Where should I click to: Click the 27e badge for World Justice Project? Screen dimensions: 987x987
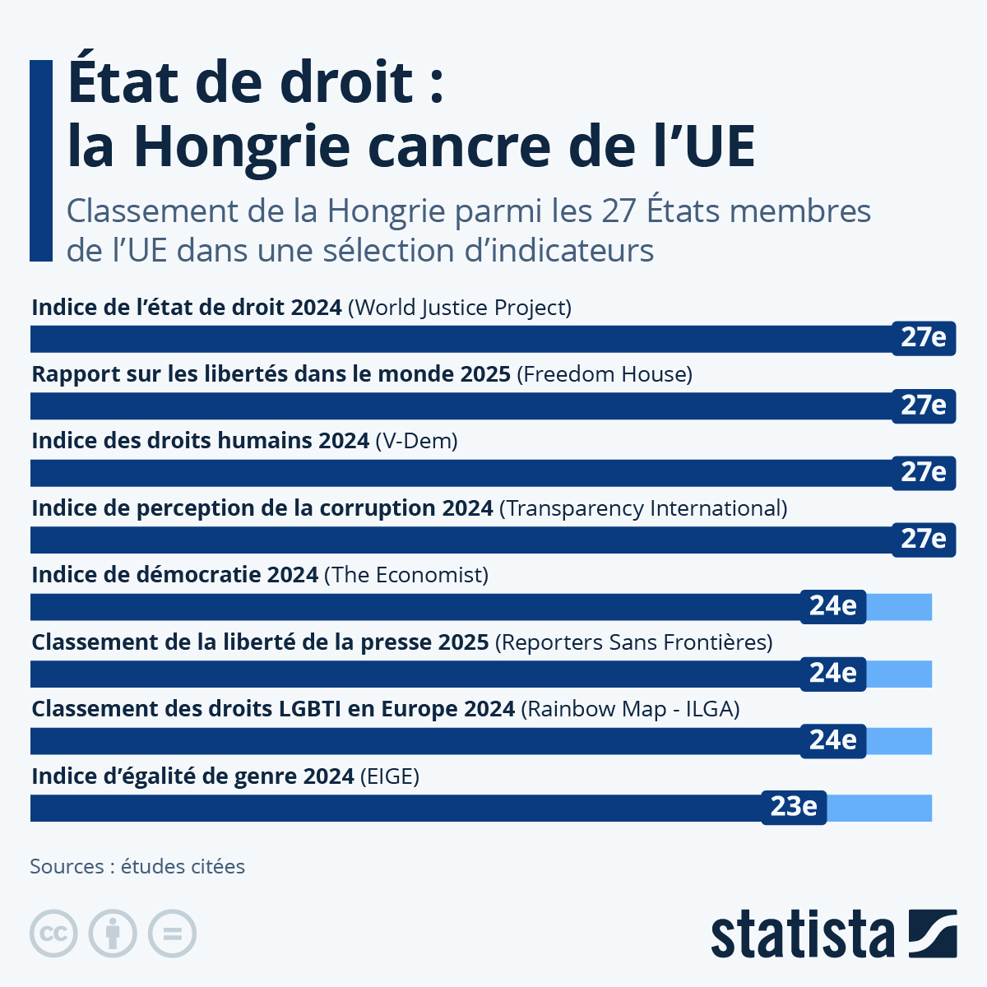pyautogui.click(x=924, y=338)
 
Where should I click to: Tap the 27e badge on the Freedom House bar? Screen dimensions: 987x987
pyautogui.click(x=924, y=405)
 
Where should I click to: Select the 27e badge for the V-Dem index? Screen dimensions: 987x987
pyautogui.click(x=924, y=472)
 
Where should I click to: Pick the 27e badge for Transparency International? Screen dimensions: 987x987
pyautogui.click(x=924, y=539)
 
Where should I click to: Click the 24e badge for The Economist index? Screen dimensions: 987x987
pyautogui.click(x=832, y=606)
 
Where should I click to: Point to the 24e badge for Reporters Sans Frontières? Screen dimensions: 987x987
pyautogui.click(x=832, y=673)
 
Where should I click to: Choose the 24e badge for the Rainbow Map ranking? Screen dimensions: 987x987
pyautogui.click(x=832, y=740)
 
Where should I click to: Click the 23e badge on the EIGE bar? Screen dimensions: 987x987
pyautogui.click(x=794, y=807)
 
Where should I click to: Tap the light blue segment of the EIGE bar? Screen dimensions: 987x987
pyautogui.click(x=879, y=808)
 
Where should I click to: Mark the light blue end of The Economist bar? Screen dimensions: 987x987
pyautogui.click(x=899, y=607)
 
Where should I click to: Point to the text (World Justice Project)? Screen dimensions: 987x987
pyautogui.click(x=460, y=308)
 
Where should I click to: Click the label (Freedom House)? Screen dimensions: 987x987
pyautogui.click(x=605, y=374)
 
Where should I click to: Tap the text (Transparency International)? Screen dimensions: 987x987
pyautogui.click(x=643, y=508)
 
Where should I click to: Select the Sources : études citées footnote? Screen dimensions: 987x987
pyautogui.click(x=137, y=866)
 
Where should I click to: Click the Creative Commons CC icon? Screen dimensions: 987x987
pyautogui.click(x=53, y=934)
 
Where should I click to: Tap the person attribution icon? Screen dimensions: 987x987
pyautogui.click(x=113, y=934)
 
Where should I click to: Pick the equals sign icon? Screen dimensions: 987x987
pyautogui.click(x=172, y=934)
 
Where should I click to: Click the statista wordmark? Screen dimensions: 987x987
pyautogui.click(x=802, y=934)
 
